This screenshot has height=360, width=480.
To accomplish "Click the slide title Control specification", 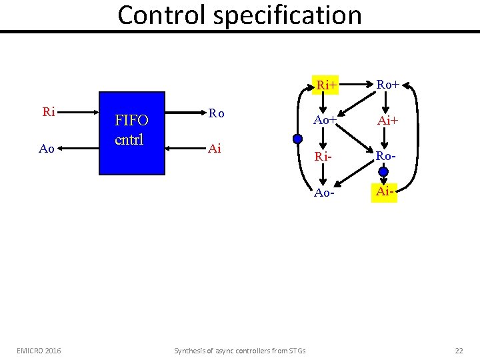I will pos(239,15).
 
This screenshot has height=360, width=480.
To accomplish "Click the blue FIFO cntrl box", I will pos(132,133).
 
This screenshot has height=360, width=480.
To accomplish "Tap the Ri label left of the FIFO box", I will pos(49,112).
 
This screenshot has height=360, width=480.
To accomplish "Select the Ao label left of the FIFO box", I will pos(47,149).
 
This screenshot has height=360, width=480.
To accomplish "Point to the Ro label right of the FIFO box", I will pos(216,113).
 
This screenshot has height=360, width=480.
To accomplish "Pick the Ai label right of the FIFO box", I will pos(214,149).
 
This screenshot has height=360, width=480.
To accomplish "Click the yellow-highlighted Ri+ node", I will pos(327,85).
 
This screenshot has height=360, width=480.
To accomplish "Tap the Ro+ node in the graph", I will pos(388,85).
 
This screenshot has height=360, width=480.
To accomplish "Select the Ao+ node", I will pos(325,121).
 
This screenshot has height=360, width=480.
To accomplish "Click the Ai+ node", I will pos(388,121).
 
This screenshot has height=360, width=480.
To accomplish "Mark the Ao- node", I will pos(325,193).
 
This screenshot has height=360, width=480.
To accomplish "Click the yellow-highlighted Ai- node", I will pos(385,192).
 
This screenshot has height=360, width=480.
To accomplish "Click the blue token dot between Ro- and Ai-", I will pos(383,173).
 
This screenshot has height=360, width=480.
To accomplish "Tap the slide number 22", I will pos(458,350).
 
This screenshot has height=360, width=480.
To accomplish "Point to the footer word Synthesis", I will pos(189,351).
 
